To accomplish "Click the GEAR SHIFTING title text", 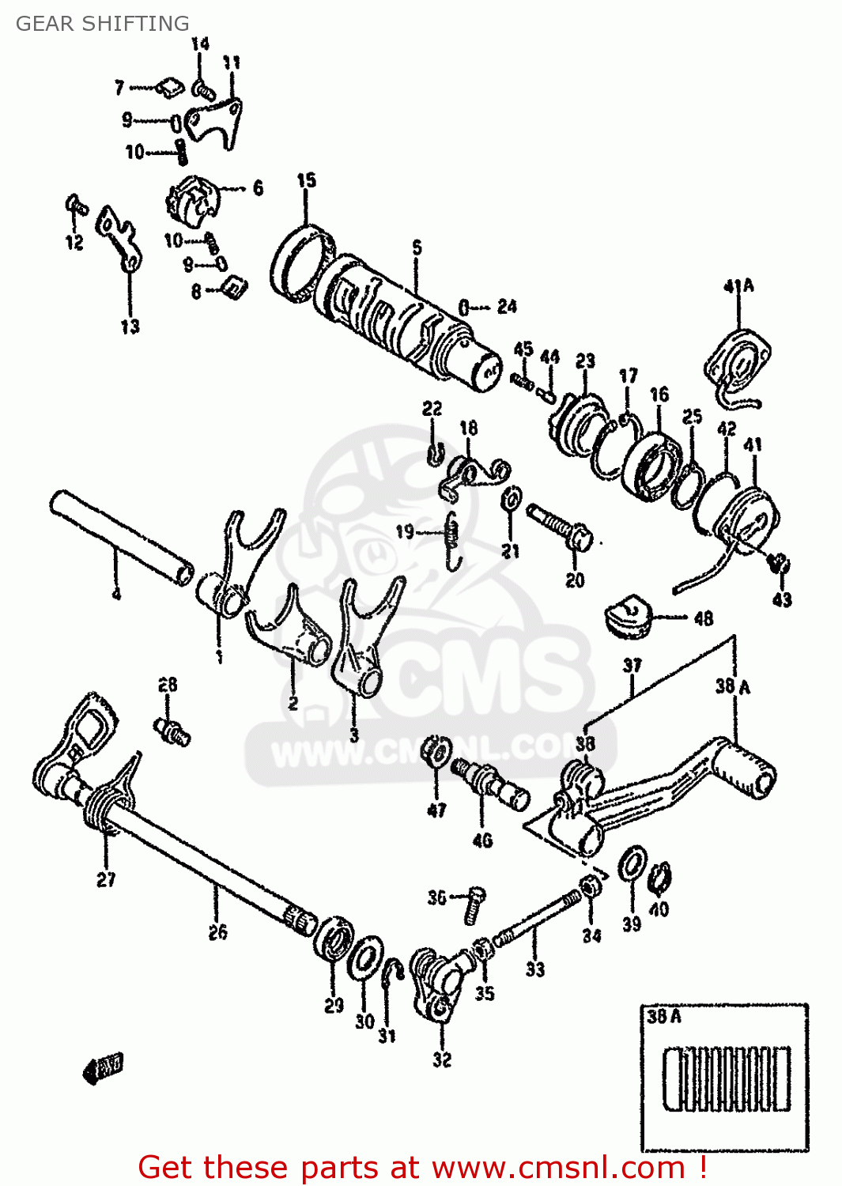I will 102,24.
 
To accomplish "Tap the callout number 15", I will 307,180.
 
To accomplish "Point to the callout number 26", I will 218,932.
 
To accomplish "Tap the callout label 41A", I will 738,285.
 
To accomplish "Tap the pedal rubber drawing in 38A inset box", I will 726,1079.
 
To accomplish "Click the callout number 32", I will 442,1059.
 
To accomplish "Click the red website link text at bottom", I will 422,1167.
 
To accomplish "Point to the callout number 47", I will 436,810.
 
